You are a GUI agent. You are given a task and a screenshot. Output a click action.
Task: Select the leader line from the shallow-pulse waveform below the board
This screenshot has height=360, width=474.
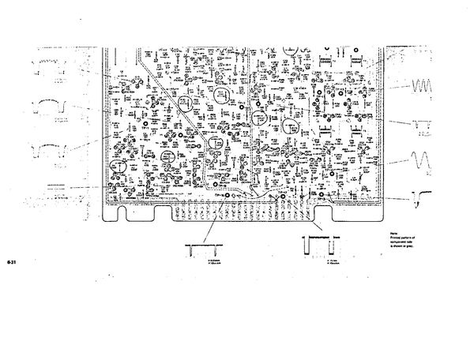[215, 220]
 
